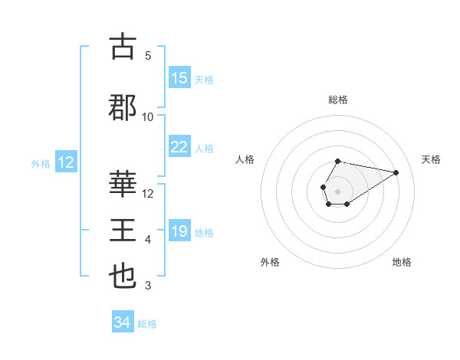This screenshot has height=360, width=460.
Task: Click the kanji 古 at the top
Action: coord(123,47)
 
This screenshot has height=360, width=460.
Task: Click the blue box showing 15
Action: coord(179,78)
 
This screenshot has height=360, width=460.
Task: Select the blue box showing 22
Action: coord(179,147)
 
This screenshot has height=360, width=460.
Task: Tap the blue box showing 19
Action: coord(179,231)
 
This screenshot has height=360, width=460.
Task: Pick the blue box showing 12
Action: coord(65,162)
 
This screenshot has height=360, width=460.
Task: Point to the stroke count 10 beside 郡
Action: coord(148,116)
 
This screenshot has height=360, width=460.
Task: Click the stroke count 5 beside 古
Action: coord(148,56)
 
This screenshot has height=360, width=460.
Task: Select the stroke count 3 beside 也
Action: coord(148,286)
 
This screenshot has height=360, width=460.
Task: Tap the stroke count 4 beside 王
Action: coord(148,241)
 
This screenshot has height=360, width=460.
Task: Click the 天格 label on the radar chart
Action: coord(431,159)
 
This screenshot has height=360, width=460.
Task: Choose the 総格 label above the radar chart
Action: coord(338,100)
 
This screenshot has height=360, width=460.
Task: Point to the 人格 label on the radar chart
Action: coord(245,159)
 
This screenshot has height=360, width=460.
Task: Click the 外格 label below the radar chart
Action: coord(270,262)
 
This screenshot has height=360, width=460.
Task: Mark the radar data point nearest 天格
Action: coord(396,172)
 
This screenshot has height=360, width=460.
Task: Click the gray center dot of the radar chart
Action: coord(337,190)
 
